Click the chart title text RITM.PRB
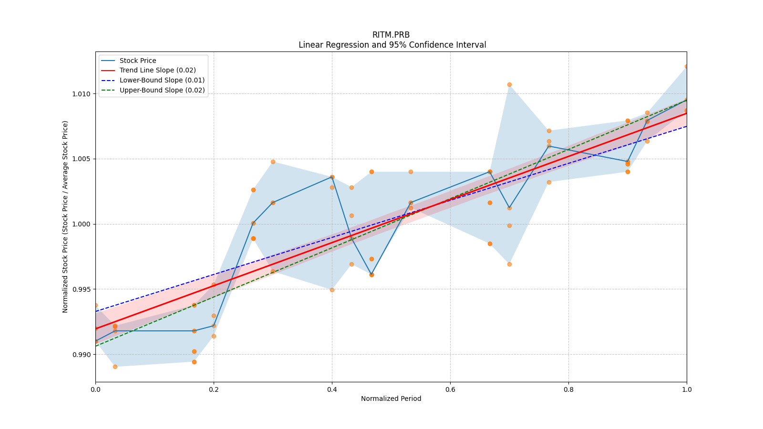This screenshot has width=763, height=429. [x=391, y=35]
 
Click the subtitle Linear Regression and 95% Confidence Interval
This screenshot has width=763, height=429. [x=392, y=45]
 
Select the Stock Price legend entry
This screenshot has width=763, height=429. [x=138, y=61]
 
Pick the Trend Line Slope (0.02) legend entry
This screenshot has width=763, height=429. [x=157, y=71]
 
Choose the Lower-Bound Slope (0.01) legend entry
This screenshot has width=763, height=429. [x=162, y=80]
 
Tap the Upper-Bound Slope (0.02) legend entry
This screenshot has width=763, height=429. [x=162, y=90]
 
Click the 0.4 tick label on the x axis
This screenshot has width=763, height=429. [x=332, y=389]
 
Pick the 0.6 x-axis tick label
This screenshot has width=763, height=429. [x=450, y=389]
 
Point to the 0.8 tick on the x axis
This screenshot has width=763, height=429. [x=568, y=389]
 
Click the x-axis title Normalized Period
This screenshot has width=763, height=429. [x=391, y=398]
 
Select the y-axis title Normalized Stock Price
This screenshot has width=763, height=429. [x=65, y=216]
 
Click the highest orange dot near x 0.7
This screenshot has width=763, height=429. [x=509, y=85]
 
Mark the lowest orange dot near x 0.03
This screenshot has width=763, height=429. [x=115, y=367]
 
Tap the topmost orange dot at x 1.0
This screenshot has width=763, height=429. [x=686, y=67]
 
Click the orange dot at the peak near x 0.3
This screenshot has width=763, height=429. [x=273, y=162]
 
